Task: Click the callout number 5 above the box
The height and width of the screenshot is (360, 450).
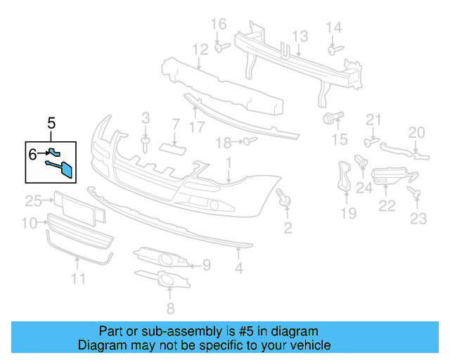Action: pos(51,124)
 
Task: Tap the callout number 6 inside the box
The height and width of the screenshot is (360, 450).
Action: pos(32,152)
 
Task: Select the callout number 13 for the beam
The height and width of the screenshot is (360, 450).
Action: pos(300,36)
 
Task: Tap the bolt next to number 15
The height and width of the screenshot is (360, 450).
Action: pos(331,116)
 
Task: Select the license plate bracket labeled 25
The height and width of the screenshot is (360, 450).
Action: pos(73,202)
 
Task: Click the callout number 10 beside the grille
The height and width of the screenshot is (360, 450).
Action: pos(29,224)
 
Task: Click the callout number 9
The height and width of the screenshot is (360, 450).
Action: pos(206,265)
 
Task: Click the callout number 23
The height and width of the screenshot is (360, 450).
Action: pos(418,219)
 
